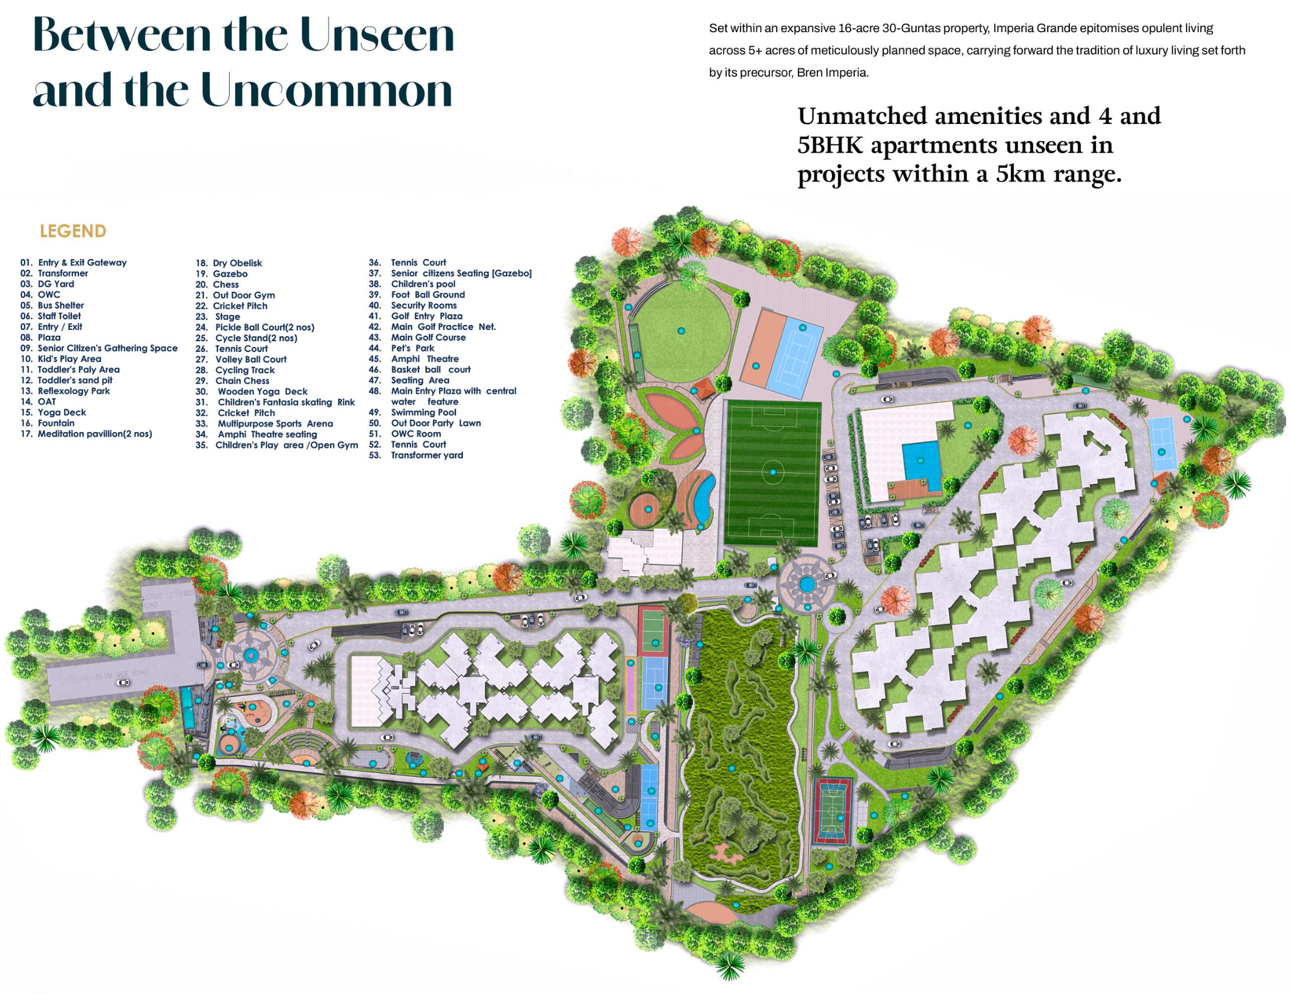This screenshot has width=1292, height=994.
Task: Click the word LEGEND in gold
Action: pyautogui.click(x=72, y=232)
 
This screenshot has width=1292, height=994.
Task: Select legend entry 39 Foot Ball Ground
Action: pyautogui.click(x=427, y=295)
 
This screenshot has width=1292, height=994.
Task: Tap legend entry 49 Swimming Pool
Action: pyautogui.click(x=423, y=412)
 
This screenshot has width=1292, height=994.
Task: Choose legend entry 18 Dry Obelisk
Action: pyautogui.click(x=237, y=263)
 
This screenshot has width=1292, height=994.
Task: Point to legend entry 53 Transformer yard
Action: pyautogui.click(x=426, y=455)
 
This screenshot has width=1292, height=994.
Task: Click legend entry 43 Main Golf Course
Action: pyautogui.click(x=428, y=337)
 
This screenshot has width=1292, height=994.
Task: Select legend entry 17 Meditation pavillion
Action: pyautogui.click(x=94, y=434)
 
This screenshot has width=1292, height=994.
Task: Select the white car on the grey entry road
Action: pyautogui.click(x=123, y=682)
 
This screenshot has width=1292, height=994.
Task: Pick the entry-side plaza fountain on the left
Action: pyautogui.click(x=250, y=654)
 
